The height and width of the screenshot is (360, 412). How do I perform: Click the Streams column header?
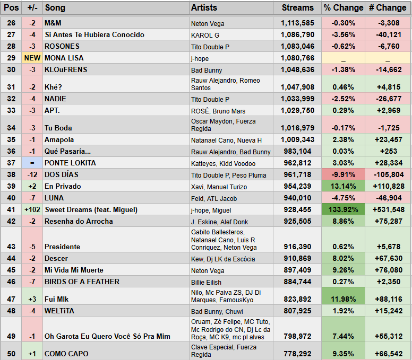[298, 8]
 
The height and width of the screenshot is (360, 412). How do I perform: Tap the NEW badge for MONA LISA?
[32, 58]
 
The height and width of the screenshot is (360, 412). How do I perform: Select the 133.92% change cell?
[343, 210]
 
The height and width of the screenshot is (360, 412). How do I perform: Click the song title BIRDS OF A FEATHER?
[82, 282]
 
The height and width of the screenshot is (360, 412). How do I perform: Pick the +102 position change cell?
[32, 210]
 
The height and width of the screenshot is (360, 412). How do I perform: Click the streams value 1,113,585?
[297, 23]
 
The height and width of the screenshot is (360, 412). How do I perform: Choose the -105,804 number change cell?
[388, 175]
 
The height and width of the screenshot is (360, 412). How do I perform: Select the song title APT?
[52, 110]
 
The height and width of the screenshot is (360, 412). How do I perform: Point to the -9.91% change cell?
[343, 175]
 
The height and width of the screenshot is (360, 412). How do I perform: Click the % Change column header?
[343, 8]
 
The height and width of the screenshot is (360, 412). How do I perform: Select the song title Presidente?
[63, 247]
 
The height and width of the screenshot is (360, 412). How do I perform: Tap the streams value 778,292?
[297, 354]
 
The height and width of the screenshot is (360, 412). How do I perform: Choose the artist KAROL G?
[205, 35]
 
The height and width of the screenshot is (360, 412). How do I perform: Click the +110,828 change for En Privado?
[388, 187]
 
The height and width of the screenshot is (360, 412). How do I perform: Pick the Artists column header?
[204, 8]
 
